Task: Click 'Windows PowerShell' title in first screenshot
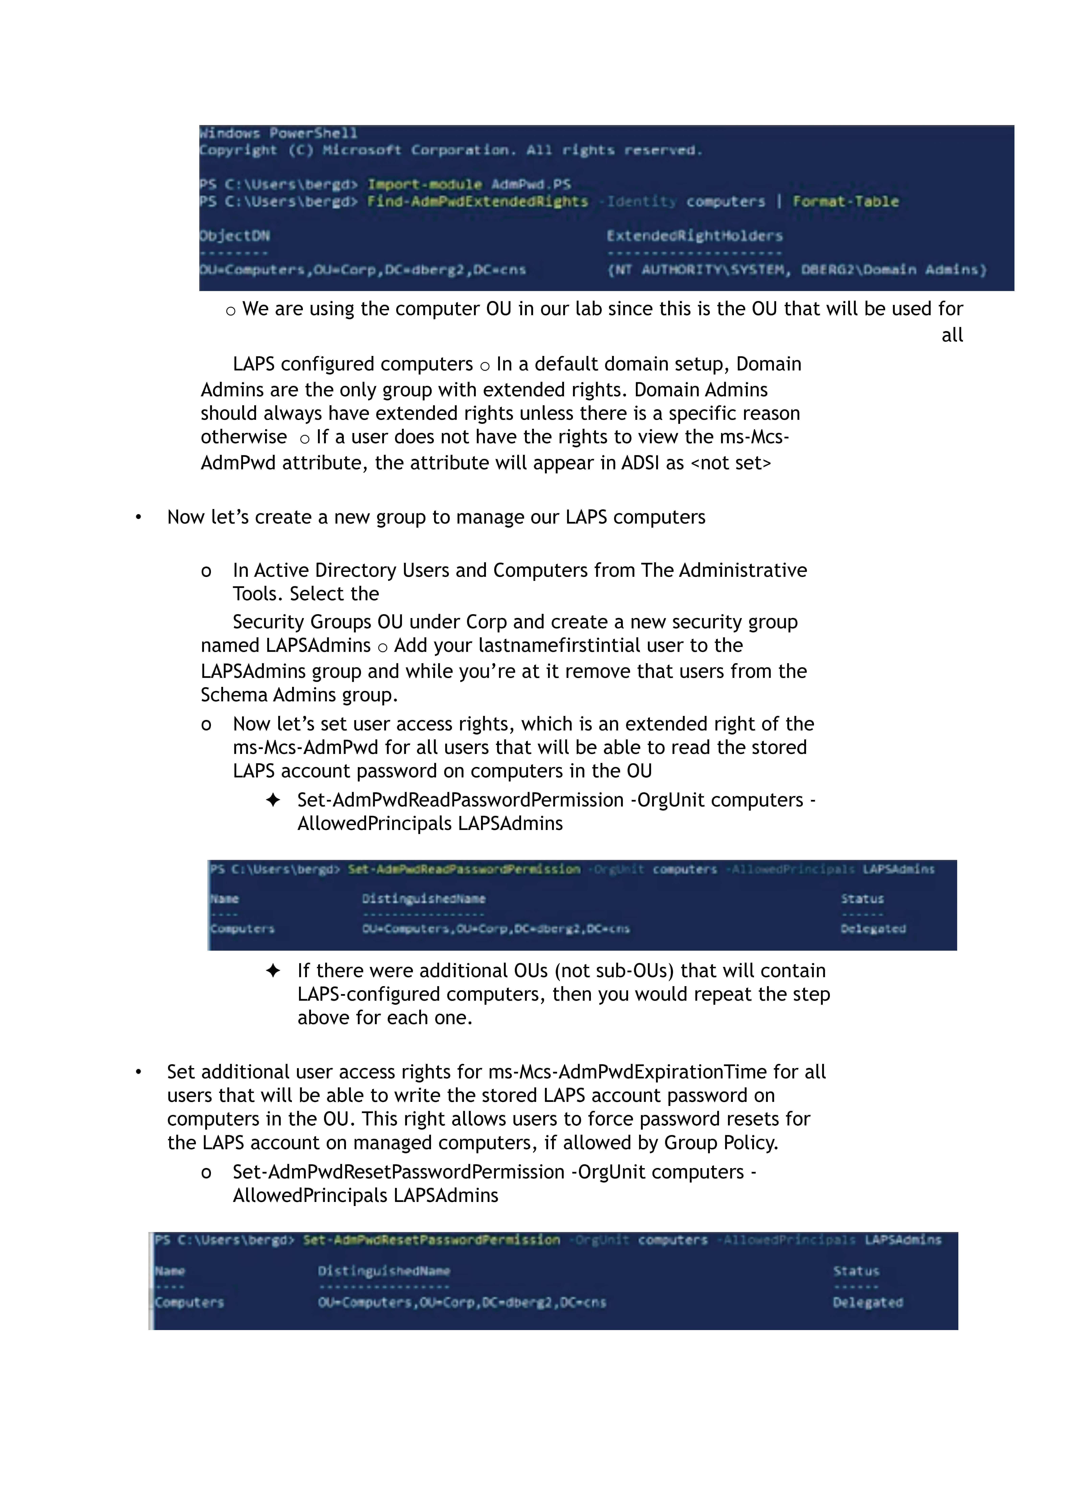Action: [279, 133]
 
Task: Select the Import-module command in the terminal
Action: [424, 184]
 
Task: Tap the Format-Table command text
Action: [845, 201]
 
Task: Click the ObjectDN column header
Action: [235, 235]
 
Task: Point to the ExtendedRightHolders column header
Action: [695, 235]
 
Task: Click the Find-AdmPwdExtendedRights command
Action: [477, 201]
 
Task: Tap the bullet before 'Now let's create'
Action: [138, 517]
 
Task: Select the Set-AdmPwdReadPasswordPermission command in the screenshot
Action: [464, 869]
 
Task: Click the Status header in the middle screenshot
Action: [862, 899]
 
